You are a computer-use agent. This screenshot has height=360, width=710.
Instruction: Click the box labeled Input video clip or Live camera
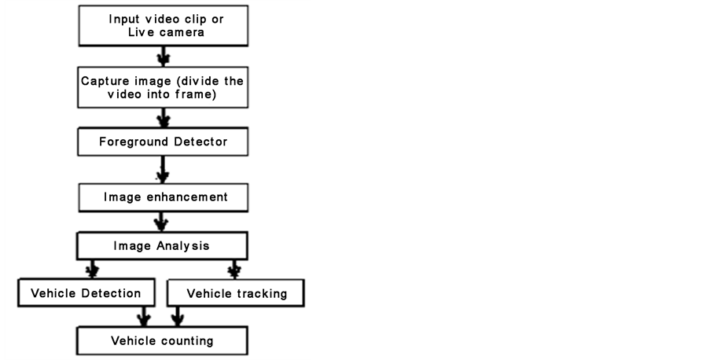163,26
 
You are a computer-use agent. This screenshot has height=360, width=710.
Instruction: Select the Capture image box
163,87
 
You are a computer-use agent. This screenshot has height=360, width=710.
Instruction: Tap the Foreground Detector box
163,141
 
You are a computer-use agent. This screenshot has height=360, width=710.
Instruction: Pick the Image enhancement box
163,197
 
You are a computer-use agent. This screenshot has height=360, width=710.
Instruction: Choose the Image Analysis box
162,246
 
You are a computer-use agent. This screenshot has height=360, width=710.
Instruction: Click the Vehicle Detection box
86,293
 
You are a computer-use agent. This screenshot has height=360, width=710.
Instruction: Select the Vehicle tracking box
235,293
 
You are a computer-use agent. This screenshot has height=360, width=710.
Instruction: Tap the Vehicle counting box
162,340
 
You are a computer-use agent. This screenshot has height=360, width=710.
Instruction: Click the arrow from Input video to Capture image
164,56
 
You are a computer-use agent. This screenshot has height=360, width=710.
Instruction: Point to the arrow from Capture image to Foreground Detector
164,118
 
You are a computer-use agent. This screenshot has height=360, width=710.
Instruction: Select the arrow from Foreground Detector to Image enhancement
163,170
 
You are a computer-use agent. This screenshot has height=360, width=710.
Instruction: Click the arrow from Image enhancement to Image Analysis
160,222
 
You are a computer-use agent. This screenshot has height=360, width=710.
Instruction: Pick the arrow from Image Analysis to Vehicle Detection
92,269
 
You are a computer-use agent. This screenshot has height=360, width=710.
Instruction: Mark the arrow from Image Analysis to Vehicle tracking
234,270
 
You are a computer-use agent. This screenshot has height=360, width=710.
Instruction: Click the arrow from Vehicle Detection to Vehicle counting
144,317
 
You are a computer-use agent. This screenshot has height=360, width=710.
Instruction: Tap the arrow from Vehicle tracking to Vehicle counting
178,317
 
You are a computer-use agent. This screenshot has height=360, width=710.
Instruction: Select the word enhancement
187,197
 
